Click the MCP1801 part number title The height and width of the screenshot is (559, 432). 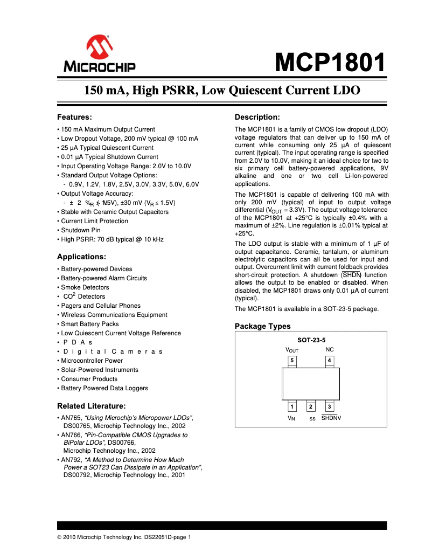click(330, 64)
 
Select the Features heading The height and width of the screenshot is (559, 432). click(75, 117)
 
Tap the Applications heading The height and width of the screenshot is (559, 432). click(81, 257)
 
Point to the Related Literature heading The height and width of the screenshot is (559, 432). click(91, 405)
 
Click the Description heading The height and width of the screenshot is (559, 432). click(257, 117)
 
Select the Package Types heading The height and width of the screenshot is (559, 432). click(262, 326)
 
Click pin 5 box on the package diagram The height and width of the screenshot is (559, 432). click(292, 360)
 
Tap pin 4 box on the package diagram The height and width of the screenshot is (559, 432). click(329, 360)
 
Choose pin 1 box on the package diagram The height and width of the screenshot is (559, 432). click(292, 406)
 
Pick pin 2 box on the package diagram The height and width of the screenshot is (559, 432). click(311, 406)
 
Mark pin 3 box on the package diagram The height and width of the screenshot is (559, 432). click(329, 406)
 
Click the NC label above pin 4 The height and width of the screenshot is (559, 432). click(329, 350)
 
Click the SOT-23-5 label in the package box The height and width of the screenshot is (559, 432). click(311, 340)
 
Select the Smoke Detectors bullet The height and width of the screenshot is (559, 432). click(85, 287)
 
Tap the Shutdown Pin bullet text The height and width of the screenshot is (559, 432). click(81, 230)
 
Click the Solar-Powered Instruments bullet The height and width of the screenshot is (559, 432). click(100, 370)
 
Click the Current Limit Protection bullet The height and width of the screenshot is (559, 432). click(95, 221)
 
